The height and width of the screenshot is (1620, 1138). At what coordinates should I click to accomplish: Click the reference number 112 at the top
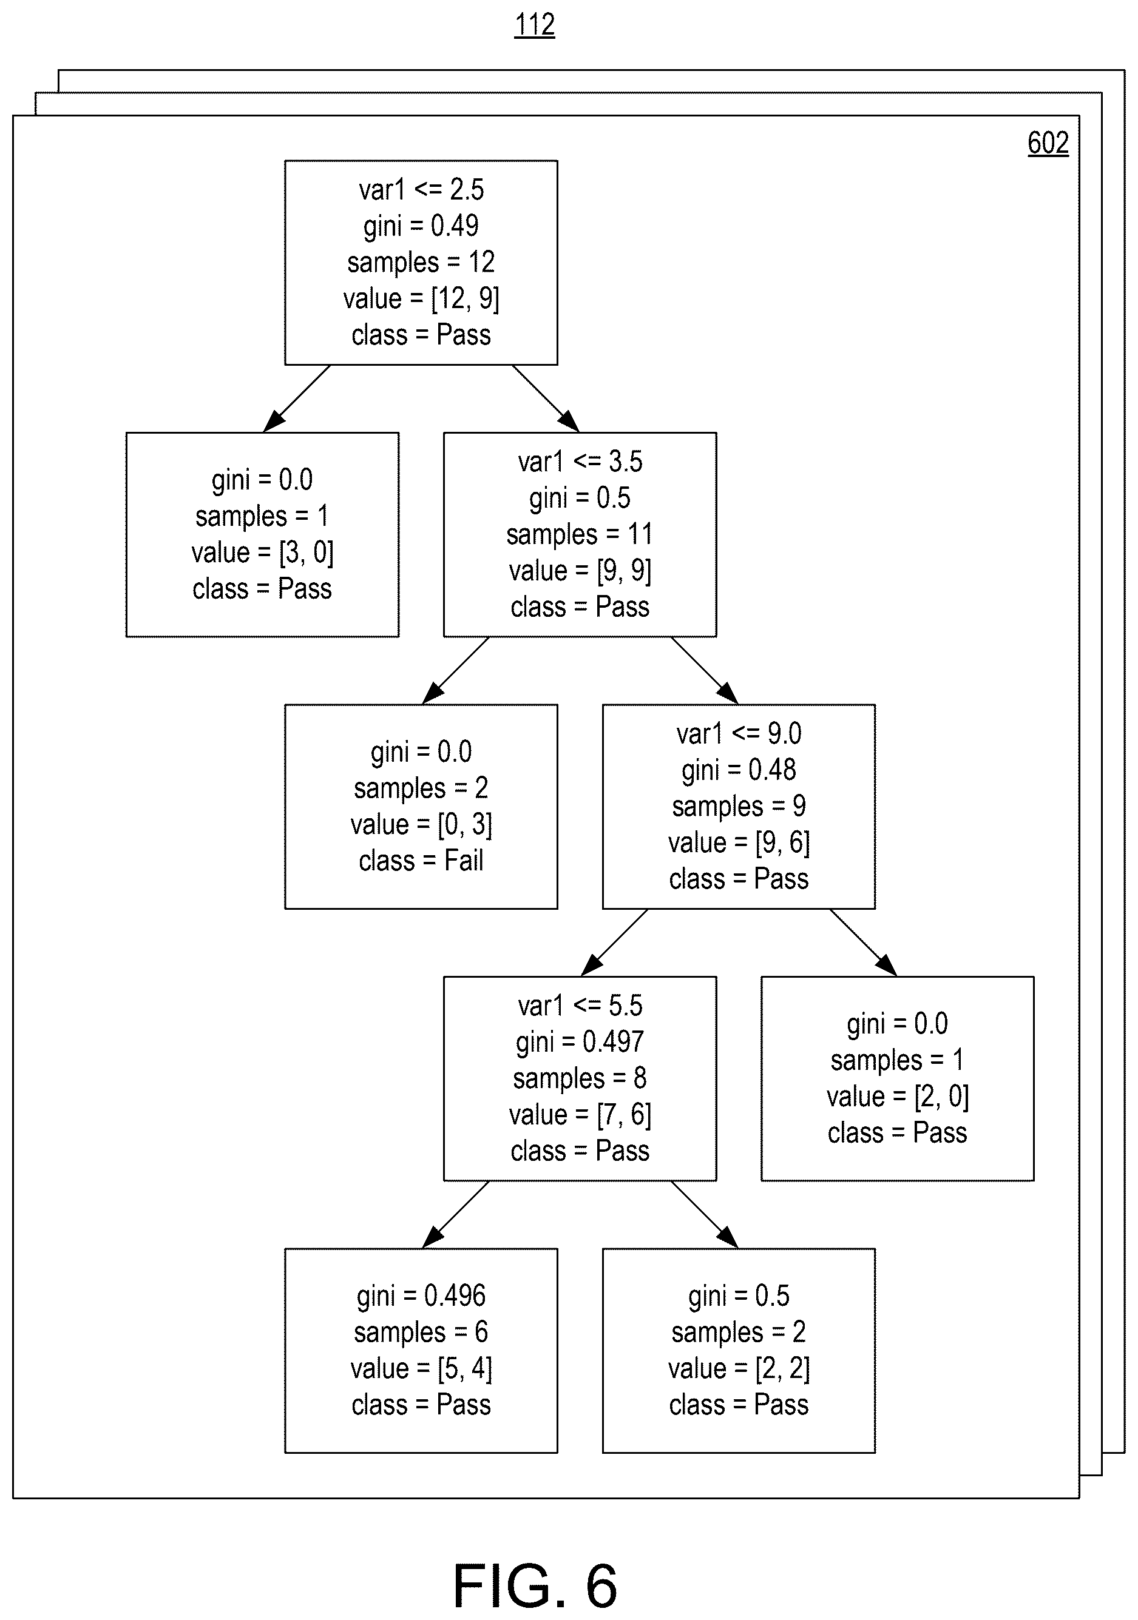pos(535,25)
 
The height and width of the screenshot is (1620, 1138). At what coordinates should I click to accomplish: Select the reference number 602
pos(1048,143)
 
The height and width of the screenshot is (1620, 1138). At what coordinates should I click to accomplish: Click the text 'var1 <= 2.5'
pos(421,190)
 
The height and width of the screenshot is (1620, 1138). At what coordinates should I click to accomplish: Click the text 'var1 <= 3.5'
pos(580,462)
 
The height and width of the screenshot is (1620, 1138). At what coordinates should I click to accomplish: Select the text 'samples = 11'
pos(580,535)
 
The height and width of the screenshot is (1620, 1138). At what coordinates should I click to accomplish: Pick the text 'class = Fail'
pos(421,861)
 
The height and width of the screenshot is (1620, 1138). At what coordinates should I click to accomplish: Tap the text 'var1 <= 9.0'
pos(739,734)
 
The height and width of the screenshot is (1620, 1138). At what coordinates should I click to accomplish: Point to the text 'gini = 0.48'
pos(739,770)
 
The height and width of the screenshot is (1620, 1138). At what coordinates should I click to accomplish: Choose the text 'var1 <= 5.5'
pos(580,1006)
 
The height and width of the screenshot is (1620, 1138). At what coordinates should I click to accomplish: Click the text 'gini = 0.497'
pos(580,1042)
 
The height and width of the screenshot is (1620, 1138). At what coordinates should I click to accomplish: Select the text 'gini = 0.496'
pos(421,1296)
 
